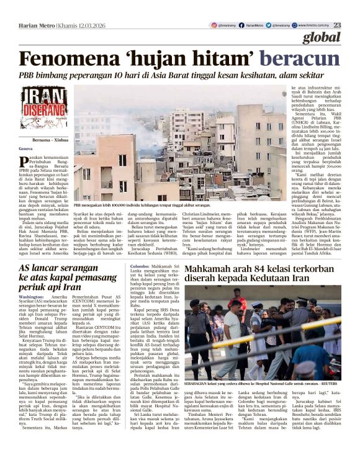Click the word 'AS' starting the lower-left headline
point(27,251)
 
